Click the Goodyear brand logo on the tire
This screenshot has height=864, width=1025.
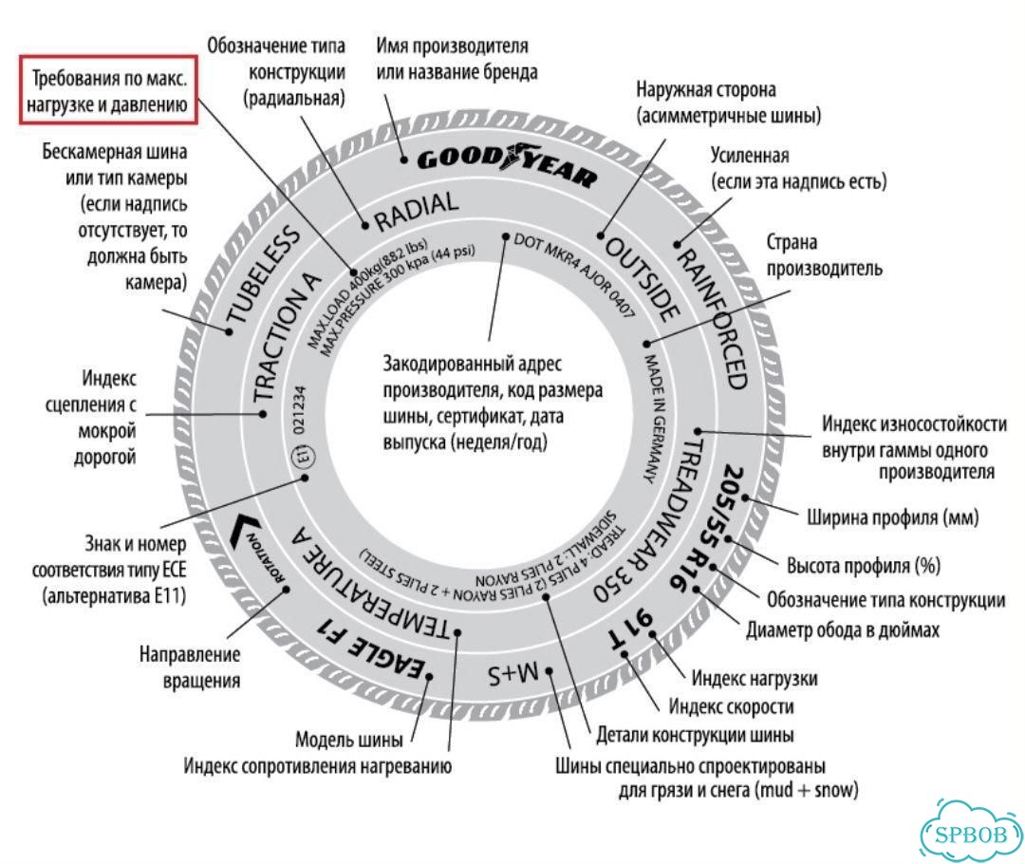click(x=507, y=163)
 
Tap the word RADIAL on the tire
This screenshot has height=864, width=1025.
click(x=417, y=210)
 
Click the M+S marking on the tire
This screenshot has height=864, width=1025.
click(x=513, y=674)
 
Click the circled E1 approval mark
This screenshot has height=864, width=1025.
click(x=305, y=455)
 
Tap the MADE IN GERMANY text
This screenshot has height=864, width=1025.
click(x=656, y=419)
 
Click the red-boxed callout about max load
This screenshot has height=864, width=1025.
click(x=108, y=90)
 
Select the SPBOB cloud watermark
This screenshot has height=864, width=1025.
click(x=970, y=834)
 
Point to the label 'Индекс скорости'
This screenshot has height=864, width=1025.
click(x=731, y=706)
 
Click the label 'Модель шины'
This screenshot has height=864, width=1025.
click(x=349, y=740)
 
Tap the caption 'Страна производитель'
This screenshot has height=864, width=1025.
click(x=825, y=255)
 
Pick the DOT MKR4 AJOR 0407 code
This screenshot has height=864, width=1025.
click(x=574, y=275)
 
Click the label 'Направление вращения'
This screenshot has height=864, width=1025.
click(x=190, y=667)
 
